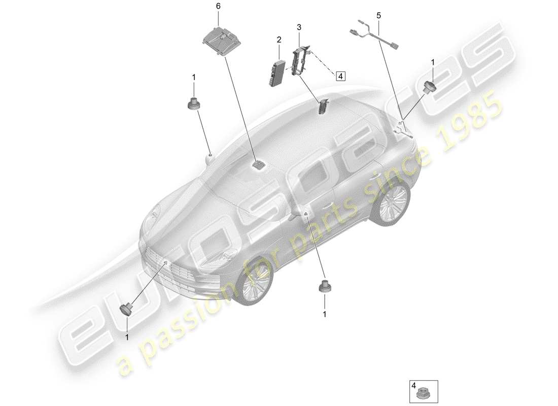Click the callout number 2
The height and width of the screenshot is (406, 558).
point(278,39)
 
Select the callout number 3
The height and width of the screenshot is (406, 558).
point(299,26)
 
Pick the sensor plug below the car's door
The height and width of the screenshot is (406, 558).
point(324,287)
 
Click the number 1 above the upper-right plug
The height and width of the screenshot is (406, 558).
point(432,62)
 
